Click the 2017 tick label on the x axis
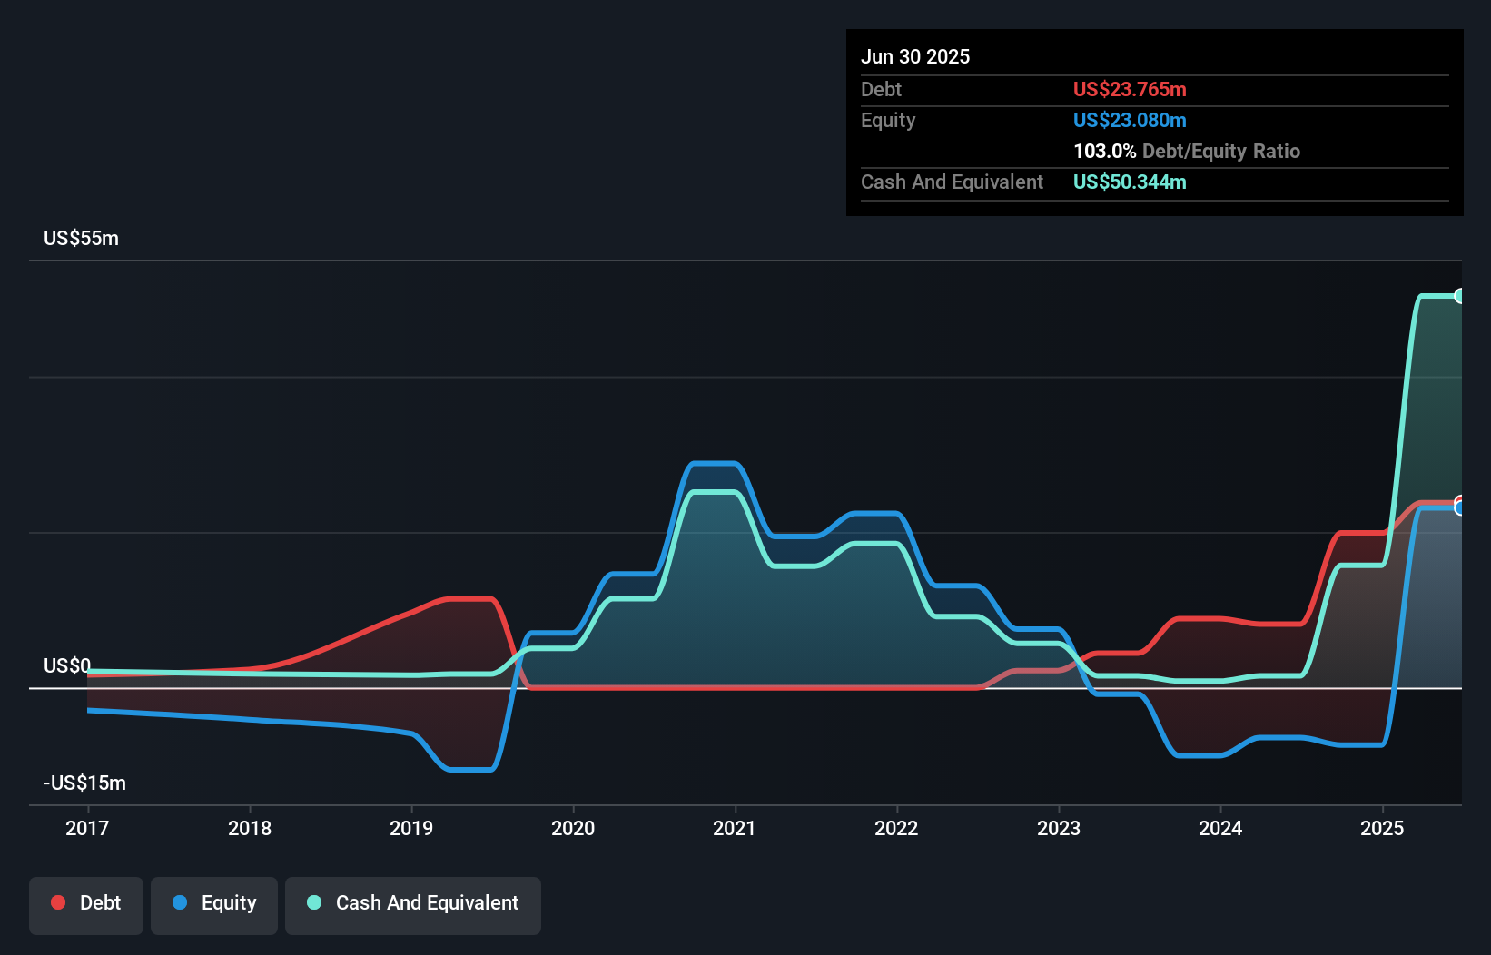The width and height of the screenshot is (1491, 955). pos(87,828)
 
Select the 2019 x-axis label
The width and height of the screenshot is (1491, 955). pos(411,828)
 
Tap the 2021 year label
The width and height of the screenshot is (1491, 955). pos(735,828)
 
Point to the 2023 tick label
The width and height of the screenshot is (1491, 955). pos(1059,828)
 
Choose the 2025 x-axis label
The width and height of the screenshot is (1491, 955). pos(1382,828)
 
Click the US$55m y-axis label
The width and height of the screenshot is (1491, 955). pos(81,239)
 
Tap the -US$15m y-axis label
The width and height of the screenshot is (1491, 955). pos(84,783)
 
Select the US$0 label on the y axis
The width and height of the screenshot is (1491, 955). pos(67,665)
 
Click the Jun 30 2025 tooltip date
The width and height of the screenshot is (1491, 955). pos(915,56)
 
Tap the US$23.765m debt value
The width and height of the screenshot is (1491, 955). pos(1130,89)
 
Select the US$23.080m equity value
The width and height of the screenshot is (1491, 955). pos(1130,120)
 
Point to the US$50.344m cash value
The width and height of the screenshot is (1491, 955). pos(1130,182)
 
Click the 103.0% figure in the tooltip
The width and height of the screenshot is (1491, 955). pos(1104,151)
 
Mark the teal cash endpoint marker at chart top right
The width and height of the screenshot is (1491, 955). pos(1459,296)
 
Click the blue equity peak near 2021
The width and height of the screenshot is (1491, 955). pos(714,464)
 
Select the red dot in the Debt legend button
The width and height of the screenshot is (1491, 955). pos(58,902)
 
